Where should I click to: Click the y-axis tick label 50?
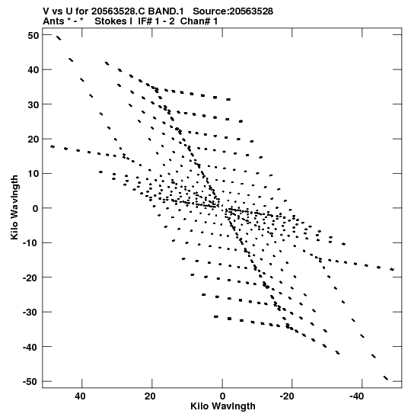tap(33, 35)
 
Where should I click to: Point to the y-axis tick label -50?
tap(30, 382)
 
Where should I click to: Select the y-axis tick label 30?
tap(33, 104)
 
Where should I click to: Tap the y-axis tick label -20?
tap(30, 277)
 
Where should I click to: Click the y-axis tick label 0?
tap(35, 209)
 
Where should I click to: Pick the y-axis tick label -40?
tap(30, 347)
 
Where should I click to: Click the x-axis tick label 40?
tap(80, 396)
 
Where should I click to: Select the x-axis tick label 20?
tap(150, 396)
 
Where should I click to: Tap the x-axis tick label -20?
tap(287, 396)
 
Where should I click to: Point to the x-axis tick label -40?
tap(356, 396)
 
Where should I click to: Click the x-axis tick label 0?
tap(222, 396)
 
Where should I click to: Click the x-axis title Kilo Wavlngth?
tap(223, 406)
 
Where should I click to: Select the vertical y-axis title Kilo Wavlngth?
tap(14, 207)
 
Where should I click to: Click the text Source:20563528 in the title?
tap(233, 11)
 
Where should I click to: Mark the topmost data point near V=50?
tap(59, 38)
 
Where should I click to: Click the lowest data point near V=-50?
tap(386, 377)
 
